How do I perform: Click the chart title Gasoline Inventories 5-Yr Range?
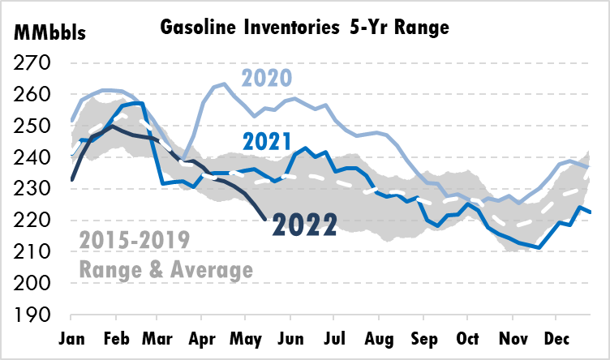coord(305,28)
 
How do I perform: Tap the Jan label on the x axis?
coord(73,336)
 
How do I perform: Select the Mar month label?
coord(161,336)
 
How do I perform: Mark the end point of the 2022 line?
coord(267,219)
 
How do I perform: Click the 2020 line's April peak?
coord(224,84)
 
